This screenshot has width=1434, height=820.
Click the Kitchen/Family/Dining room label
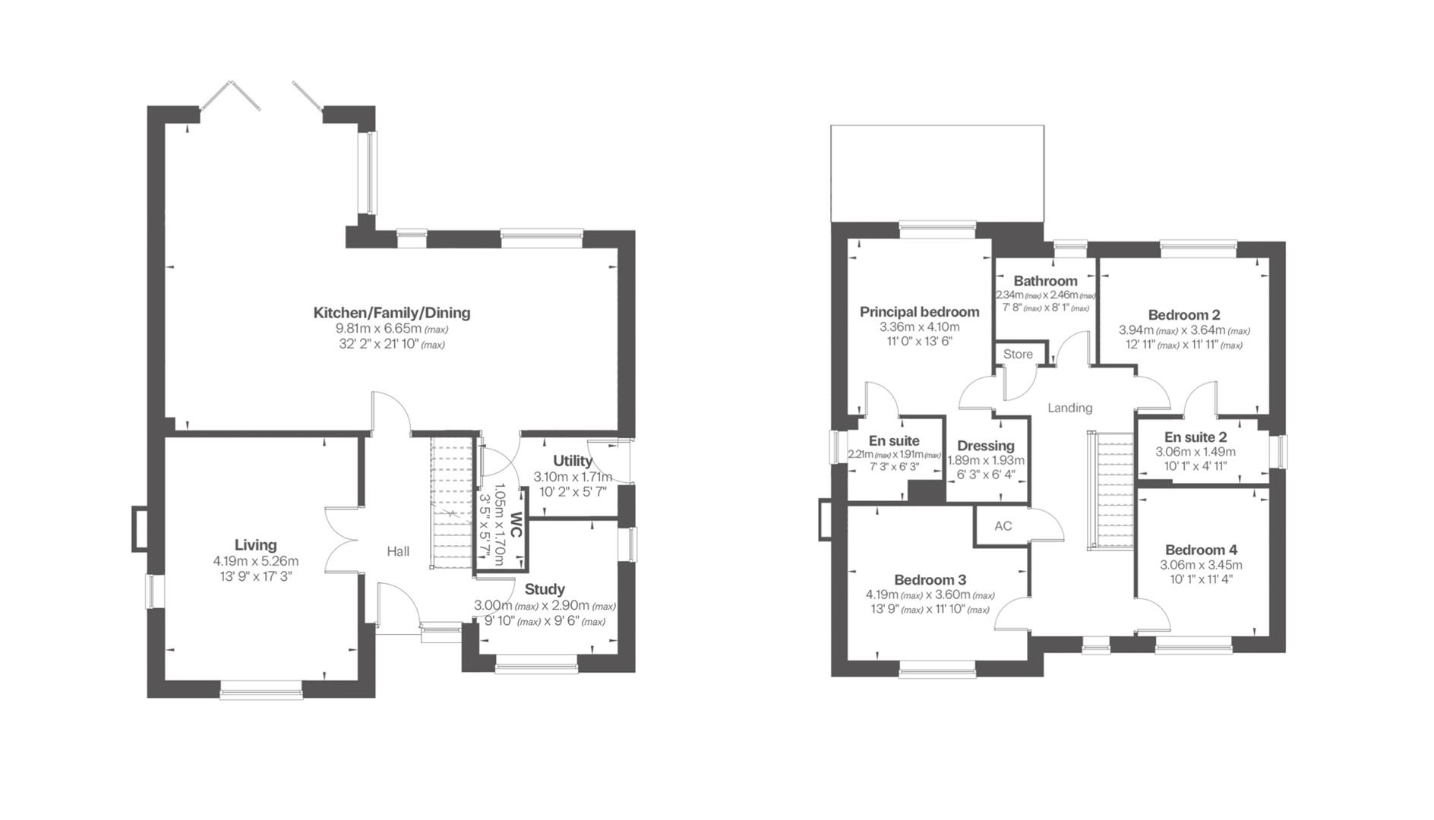point(392,312)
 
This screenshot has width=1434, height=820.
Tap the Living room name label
point(255,544)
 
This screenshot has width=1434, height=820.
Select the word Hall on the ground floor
point(398,551)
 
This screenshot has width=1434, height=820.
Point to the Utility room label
point(573,461)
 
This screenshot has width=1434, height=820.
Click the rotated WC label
point(516,525)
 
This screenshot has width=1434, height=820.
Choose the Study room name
point(545,589)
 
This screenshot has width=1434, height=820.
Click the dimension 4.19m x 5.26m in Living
point(255,561)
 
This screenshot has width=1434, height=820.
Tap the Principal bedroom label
point(919,311)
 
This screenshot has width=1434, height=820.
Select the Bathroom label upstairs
point(1045,281)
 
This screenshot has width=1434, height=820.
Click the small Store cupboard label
point(1018,355)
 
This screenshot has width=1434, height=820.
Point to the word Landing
point(1069,408)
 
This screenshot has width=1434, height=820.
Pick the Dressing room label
point(985,446)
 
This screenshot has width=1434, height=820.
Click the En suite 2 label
point(1195,437)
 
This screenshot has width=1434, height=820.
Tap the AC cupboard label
point(1003,526)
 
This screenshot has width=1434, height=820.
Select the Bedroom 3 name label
point(930,580)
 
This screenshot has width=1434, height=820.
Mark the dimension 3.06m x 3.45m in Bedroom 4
point(1201,565)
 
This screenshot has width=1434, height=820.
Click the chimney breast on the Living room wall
point(141,528)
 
